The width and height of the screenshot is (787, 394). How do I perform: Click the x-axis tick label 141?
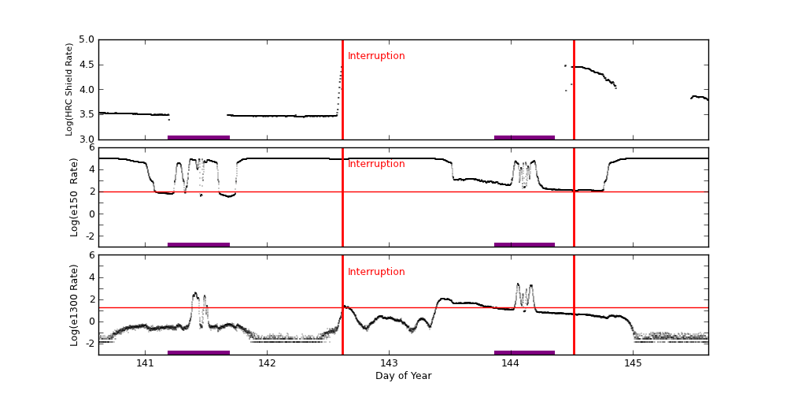pos(145,363)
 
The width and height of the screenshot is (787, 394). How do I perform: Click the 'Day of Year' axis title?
pos(403,376)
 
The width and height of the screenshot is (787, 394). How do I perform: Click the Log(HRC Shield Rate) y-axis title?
pos(69,89)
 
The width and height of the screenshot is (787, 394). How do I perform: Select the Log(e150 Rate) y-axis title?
pos(74,197)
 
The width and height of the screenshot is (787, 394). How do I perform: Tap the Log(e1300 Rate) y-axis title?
pos(74,305)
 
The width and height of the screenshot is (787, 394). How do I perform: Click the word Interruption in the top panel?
pos(376,56)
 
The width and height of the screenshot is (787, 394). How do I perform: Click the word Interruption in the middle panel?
pos(376,164)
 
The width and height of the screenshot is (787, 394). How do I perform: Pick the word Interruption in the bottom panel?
pos(376,272)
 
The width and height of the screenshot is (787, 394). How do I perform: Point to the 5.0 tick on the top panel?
pos(87,39)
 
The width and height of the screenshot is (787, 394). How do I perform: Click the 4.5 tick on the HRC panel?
pos(87,65)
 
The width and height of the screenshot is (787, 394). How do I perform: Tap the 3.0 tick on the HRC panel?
pos(87,139)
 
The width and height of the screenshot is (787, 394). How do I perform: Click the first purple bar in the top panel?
pos(198,137)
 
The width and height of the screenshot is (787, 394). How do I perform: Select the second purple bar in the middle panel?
pos(524,244)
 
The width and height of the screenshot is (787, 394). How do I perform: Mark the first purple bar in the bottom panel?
pos(198,352)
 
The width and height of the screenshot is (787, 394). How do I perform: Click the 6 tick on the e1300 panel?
pos(91,255)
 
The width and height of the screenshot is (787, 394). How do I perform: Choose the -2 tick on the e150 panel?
pos(90,236)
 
